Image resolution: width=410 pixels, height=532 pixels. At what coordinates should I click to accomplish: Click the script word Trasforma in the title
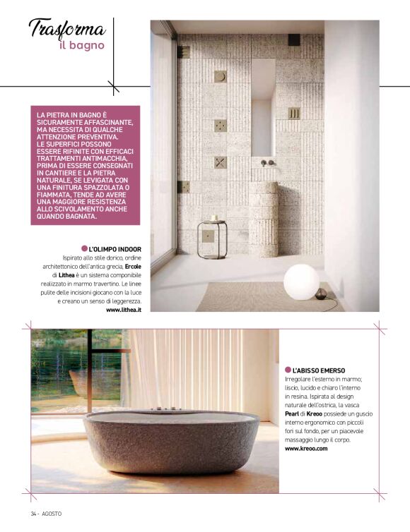point(68,29)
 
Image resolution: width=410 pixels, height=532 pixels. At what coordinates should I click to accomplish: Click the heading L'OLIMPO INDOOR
point(115,249)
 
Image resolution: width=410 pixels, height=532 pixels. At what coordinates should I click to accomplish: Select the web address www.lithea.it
point(124,309)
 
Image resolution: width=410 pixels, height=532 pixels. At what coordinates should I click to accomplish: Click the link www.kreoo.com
point(306,448)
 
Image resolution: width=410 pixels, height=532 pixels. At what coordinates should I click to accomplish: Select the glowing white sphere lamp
point(301,283)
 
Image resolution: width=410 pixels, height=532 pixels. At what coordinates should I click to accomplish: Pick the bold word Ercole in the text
point(133,267)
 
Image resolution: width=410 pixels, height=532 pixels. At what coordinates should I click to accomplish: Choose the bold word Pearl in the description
point(293,413)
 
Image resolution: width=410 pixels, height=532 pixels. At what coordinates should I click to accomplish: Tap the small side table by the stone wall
point(212,236)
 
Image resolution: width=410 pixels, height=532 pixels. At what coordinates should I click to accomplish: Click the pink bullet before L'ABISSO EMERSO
point(288,370)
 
